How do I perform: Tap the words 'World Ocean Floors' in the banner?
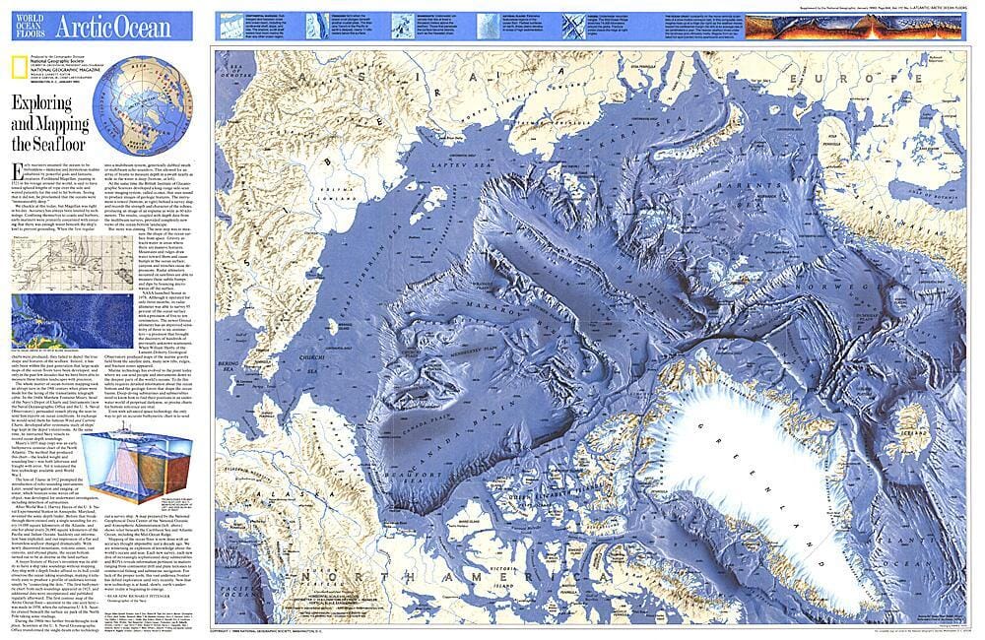[26, 25]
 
